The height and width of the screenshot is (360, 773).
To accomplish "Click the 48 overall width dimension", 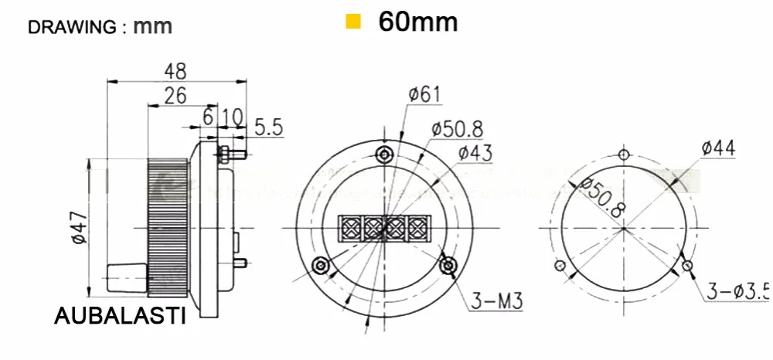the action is (x=175, y=71).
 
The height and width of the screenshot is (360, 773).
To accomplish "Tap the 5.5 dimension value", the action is (x=269, y=128).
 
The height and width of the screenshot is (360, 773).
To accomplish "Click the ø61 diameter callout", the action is (x=424, y=93).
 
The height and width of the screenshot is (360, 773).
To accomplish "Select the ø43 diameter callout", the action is (x=475, y=153).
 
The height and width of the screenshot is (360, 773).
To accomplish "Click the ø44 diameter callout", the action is (x=718, y=148).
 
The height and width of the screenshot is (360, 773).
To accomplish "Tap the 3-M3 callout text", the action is (x=496, y=301).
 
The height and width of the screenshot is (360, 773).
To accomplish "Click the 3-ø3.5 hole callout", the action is (x=738, y=292).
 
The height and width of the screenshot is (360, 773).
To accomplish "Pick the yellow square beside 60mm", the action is (x=353, y=22).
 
